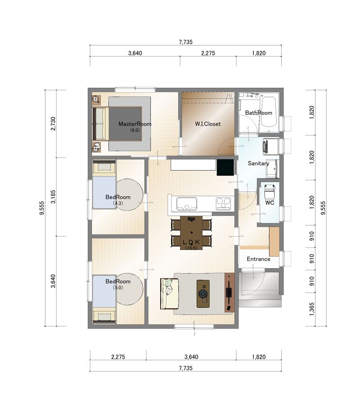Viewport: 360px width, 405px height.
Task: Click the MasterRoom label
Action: (135, 124)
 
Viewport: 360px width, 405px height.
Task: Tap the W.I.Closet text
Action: (208, 124)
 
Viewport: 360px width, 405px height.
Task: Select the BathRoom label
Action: (258, 113)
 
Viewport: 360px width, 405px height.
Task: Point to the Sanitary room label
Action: (258, 163)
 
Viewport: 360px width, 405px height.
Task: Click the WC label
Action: (270, 203)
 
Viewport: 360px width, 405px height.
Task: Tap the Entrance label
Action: (258, 259)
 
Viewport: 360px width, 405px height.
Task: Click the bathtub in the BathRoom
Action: (269, 112)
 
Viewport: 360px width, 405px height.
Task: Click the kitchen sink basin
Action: (186, 204)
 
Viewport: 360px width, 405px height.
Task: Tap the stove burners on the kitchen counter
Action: (223, 203)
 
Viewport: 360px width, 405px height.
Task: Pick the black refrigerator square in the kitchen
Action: (225, 167)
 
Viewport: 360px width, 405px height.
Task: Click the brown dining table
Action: (191, 233)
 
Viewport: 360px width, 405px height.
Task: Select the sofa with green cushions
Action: (169, 294)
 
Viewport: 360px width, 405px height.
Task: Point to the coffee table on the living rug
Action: (203, 294)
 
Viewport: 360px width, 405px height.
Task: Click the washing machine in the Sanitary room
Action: (270, 147)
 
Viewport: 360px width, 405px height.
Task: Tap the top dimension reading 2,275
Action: (208, 53)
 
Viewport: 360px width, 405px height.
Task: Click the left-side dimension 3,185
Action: (53, 197)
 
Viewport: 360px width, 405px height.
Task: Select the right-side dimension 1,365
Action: (312, 309)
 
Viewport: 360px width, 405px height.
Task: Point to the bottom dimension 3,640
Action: (191, 357)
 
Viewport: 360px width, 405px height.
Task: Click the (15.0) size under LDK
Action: (191, 248)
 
